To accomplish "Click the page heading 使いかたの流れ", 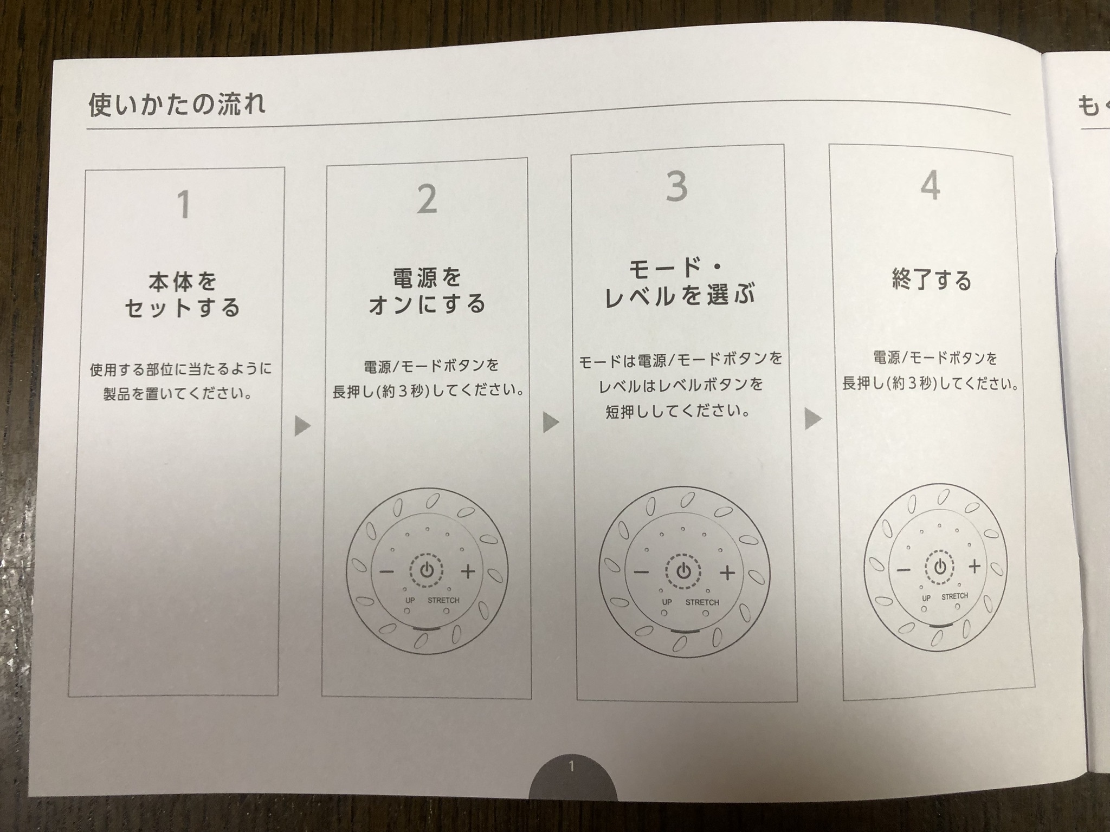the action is point(177,105).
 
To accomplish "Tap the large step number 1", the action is point(184,204).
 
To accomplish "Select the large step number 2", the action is point(427,199).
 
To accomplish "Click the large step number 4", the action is point(931,186).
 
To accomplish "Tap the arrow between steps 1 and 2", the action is point(302,425).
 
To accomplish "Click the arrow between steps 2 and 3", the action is point(550,421).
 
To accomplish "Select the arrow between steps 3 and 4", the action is point(812,418).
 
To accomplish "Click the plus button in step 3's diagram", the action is point(727,572).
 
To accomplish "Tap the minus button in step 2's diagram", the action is point(386,571).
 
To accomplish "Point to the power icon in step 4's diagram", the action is point(940,567).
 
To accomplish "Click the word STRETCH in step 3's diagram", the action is point(702,602).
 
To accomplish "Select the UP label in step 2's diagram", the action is point(410,600).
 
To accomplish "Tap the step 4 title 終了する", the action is point(932,280).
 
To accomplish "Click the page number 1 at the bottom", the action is point(572,766).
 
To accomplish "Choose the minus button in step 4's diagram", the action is point(903,570).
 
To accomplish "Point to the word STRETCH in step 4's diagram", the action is point(954,596).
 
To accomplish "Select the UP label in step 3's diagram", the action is point(667,602).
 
